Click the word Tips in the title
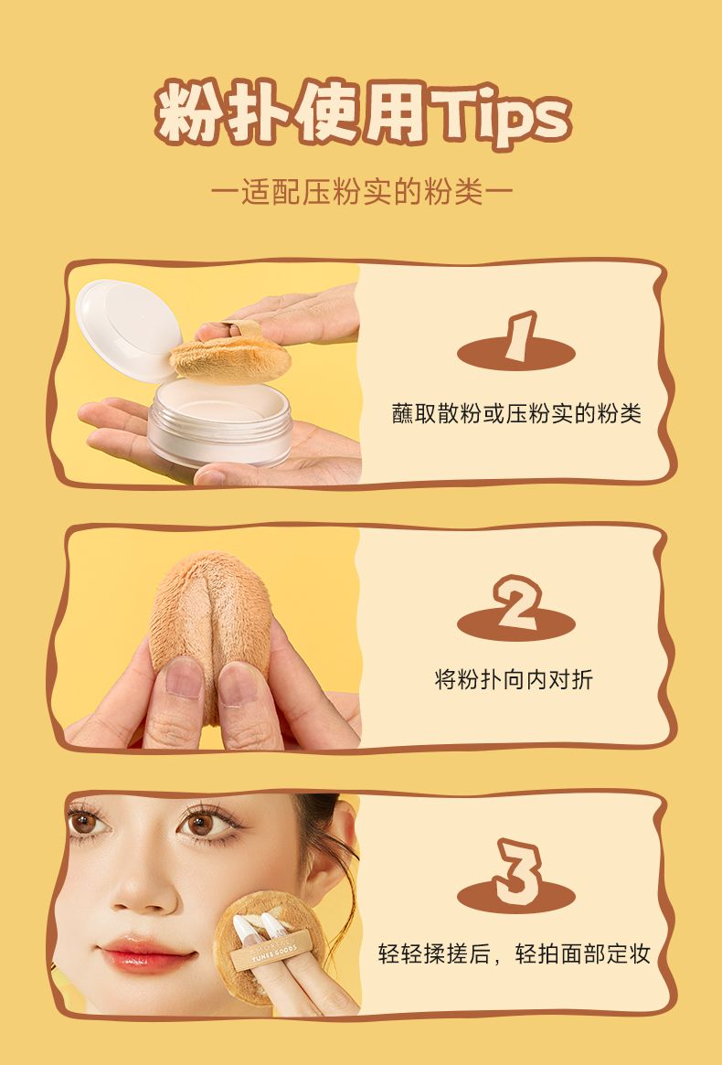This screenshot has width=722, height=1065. [501, 115]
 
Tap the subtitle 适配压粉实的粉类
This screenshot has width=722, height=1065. [361, 192]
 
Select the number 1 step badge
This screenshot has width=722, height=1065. [516, 342]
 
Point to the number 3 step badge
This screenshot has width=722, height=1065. [516, 876]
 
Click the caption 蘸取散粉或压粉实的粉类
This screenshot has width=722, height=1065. [516, 413]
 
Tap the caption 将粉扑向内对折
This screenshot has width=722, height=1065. [514, 679]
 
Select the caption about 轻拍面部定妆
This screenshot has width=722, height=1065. [515, 953]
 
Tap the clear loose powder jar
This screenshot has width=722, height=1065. [220, 421]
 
